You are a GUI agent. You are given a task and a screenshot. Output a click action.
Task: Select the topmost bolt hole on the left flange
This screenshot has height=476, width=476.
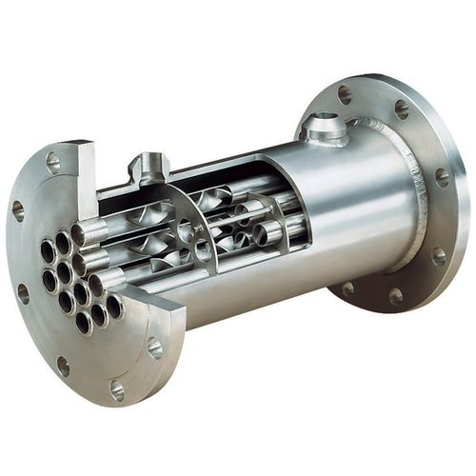53,162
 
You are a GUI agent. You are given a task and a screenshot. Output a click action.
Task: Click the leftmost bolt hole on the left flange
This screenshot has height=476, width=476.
17,210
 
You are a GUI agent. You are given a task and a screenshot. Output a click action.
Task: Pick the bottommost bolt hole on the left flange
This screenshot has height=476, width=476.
117,389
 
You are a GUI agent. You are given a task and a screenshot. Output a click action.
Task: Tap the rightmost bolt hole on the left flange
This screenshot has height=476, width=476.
154,347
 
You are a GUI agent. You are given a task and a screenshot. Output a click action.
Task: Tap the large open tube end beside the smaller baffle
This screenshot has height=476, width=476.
270,232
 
